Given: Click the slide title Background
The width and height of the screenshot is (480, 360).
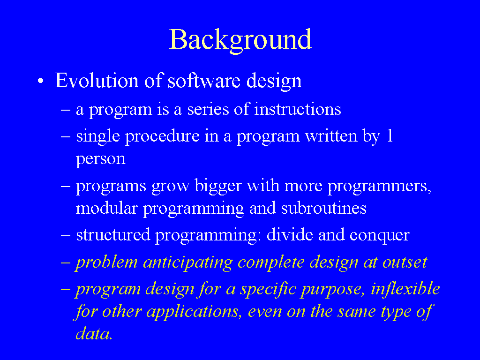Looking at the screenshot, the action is [x=240, y=40].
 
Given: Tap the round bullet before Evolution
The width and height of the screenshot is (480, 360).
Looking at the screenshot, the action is [x=41, y=82].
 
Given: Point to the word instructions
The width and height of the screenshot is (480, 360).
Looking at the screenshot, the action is [x=298, y=109].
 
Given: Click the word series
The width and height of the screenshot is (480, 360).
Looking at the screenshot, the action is [x=208, y=109].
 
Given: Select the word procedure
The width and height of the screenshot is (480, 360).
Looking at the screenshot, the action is [x=162, y=136].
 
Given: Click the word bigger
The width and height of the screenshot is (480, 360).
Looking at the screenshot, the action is [x=218, y=186].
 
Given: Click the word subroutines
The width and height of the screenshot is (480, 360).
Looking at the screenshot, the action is [x=323, y=208].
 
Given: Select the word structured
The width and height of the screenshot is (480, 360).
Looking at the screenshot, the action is [x=113, y=235].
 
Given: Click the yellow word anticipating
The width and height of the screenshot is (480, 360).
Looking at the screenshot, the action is [x=188, y=262].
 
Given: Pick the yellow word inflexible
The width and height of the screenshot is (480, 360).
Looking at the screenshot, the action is [x=405, y=288].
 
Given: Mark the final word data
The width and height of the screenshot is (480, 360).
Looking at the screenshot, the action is [x=94, y=334].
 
